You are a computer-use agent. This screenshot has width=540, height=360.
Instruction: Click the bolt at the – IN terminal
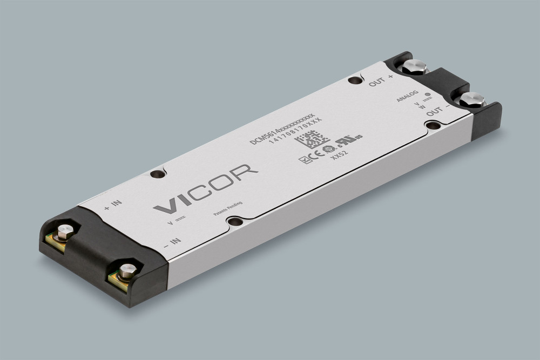pyautogui.click(x=128, y=270)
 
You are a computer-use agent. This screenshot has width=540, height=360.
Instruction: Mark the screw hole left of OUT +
pyautogui.click(x=354, y=80)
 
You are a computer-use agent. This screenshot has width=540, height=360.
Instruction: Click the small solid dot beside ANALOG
pyautogui.click(x=428, y=94)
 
